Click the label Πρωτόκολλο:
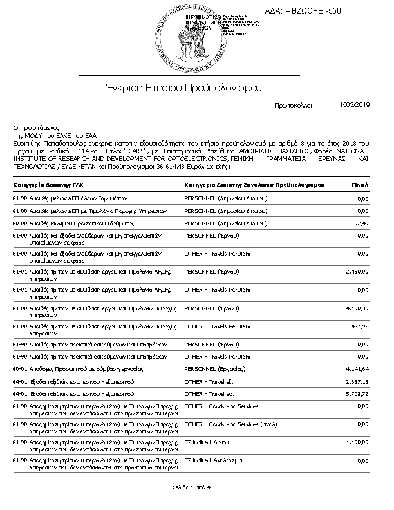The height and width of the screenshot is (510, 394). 293,104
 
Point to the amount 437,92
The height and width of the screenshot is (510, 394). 360,327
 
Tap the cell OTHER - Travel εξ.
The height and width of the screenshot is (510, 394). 209,382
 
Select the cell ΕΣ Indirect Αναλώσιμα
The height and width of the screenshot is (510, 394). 213,460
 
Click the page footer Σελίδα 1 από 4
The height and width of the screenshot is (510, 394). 191,487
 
